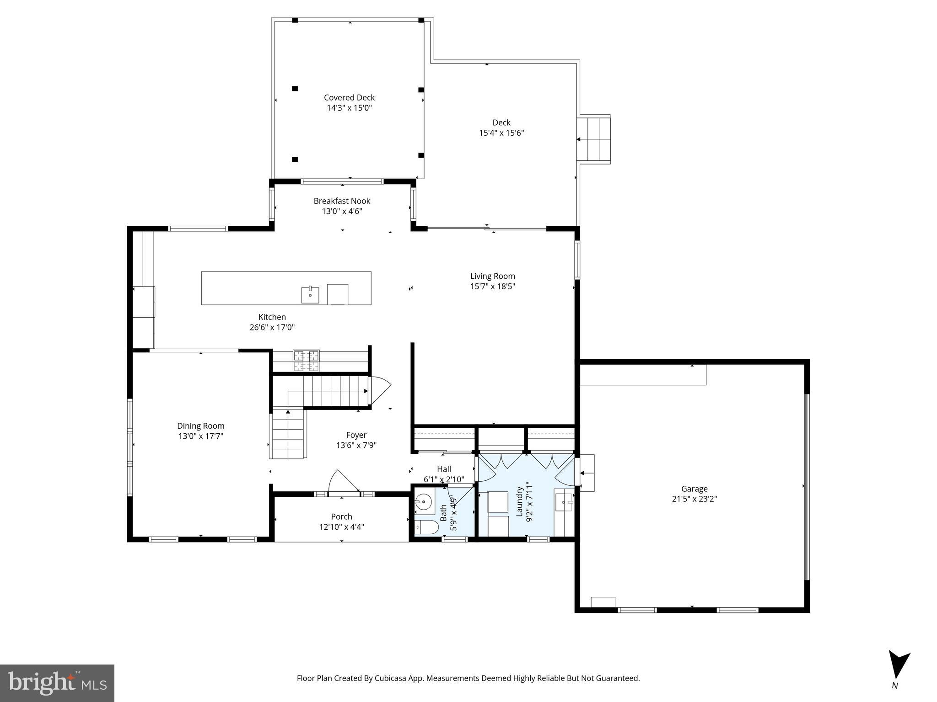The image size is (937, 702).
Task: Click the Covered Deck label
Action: (x=349, y=97)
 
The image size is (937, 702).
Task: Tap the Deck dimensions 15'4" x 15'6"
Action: (x=501, y=133)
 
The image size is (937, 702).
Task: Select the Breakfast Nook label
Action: (x=342, y=201)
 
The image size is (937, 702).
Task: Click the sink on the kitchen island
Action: (x=310, y=295)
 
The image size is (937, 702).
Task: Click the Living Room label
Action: (x=492, y=276)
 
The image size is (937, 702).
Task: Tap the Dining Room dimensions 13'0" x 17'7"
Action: (x=200, y=436)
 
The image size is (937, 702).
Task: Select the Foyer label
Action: (x=356, y=435)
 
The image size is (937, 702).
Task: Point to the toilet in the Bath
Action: (x=425, y=527)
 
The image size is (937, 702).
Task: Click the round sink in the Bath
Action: (x=424, y=503)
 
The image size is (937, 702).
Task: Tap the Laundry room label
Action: (x=519, y=502)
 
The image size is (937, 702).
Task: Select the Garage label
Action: (x=694, y=489)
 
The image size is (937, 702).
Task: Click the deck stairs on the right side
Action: (x=594, y=139)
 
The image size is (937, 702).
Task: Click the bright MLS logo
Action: (x=57, y=683)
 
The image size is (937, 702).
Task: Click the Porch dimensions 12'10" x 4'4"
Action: (x=341, y=527)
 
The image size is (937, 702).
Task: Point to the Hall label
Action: (x=444, y=469)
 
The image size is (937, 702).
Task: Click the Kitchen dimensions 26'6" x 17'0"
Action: (x=272, y=327)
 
